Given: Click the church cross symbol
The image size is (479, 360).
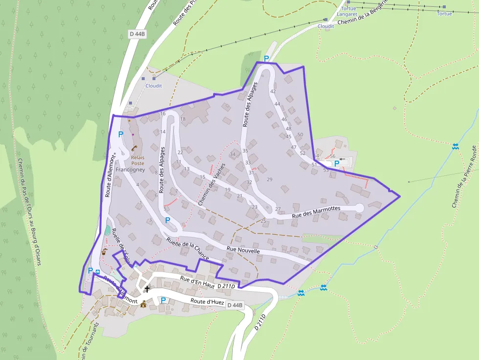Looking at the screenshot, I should pyautogui.click(x=147, y=289).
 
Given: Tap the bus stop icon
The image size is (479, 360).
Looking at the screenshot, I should pyautogui.click(x=98, y=272).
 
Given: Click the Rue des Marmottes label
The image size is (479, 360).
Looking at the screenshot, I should pyautogui.click(x=316, y=212).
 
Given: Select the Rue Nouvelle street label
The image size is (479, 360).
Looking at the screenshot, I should pyautogui.click(x=243, y=250).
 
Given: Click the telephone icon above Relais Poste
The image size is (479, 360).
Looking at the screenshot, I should pyautogui.click(x=133, y=148).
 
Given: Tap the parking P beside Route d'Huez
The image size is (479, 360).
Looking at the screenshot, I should pyautogui.click(x=163, y=300).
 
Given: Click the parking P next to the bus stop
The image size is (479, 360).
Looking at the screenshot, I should pyautogui.click(x=90, y=270).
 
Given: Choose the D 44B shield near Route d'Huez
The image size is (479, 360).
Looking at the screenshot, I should pyautogui.click(x=234, y=305).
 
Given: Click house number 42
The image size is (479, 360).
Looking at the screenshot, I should pyautogui.click(x=273, y=91).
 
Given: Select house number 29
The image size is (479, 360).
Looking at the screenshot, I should pyautogui.click(x=269, y=180).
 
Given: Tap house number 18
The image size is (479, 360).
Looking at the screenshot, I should pyautogui.click(x=183, y=119).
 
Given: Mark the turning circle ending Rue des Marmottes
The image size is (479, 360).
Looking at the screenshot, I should pyautogui.click(x=359, y=208).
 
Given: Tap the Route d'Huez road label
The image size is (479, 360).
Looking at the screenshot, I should pyautogui.click(x=207, y=302).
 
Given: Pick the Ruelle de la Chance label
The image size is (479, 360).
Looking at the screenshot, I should pyautogui.click(x=188, y=249).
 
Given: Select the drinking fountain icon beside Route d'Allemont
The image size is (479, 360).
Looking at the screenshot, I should pyautogui.click(x=104, y=252).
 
